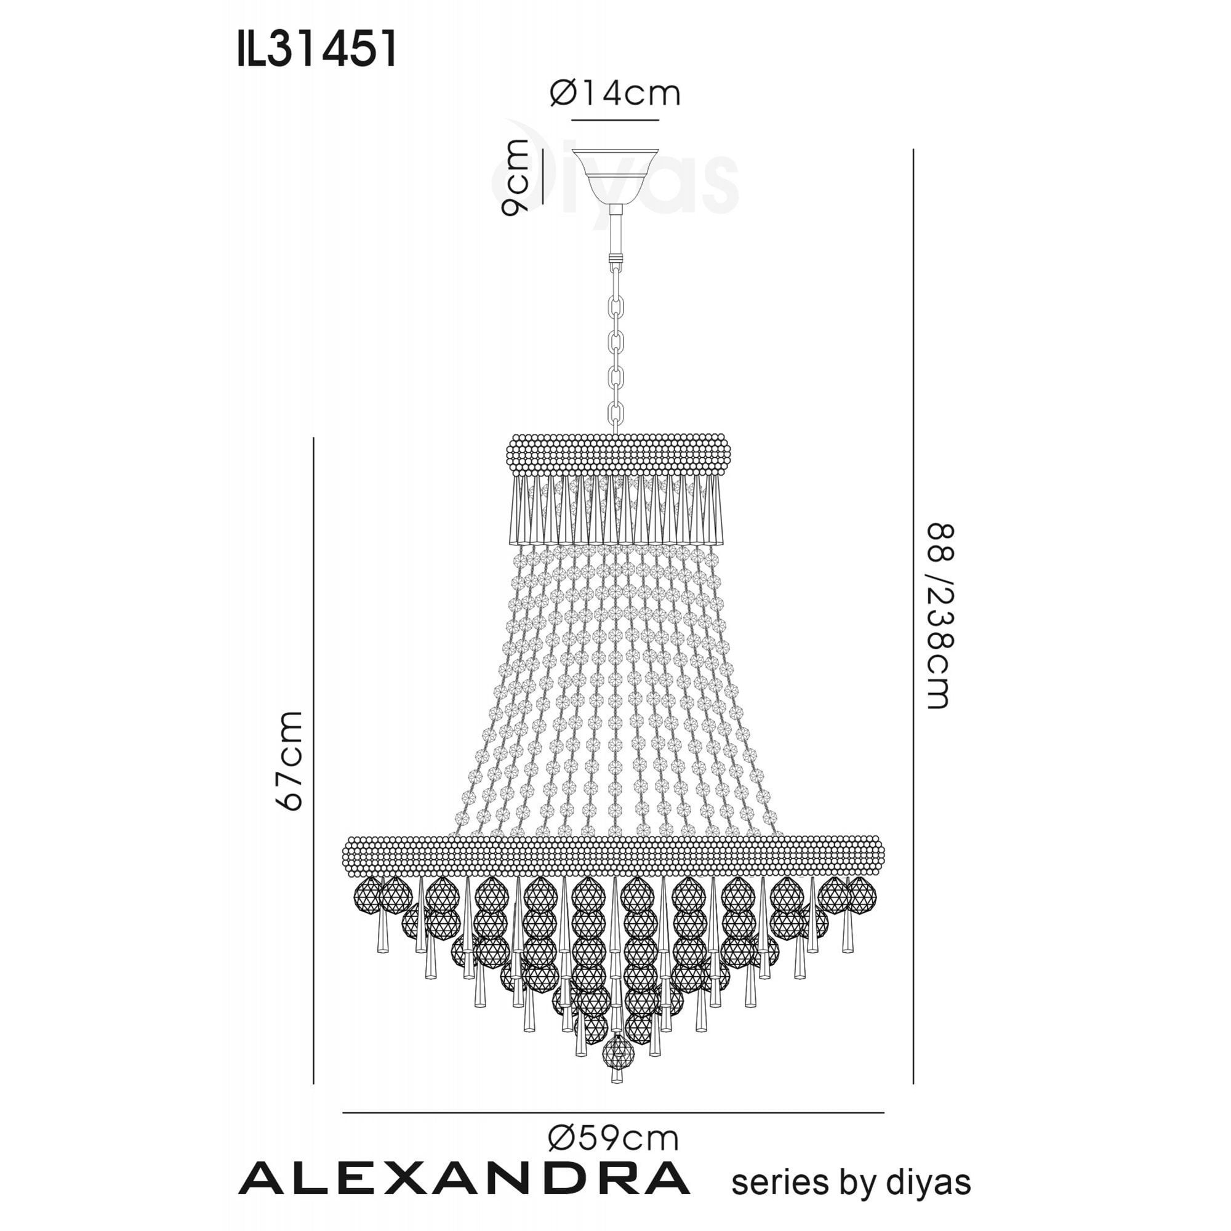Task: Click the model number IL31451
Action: pyautogui.click(x=316, y=49)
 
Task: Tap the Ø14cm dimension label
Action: pyautogui.click(x=615, y=94)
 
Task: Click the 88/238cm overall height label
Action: pyautogui.click(x=939, y=615)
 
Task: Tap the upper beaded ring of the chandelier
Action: pyautogui.click(x=618, y=454)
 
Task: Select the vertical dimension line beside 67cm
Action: pyautogui.click(x=314, y=761)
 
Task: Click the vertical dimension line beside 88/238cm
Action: pyautogui.click(x=913, y=615)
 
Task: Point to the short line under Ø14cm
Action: pyautogui.click(x=615, y=120)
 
